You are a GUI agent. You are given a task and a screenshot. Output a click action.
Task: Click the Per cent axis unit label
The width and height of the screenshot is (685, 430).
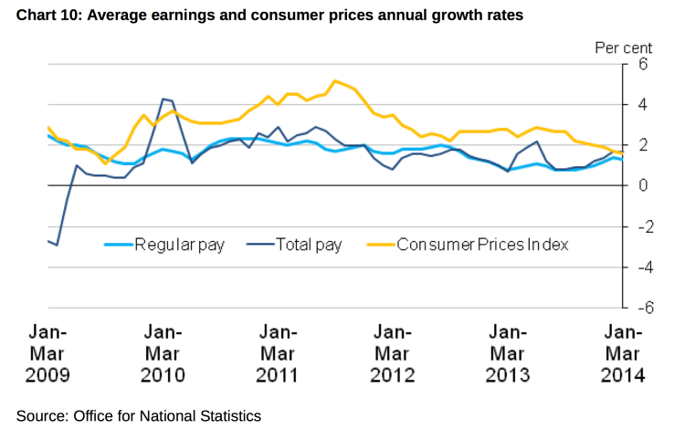[x=624, y=46]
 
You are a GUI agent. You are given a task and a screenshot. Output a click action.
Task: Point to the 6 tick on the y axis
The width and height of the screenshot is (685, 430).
[x=643, y=64]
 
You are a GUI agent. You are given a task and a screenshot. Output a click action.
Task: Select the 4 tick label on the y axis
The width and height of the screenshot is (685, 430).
[x=643, y=104]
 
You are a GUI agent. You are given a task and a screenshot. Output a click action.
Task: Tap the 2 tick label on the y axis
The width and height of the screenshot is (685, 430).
[x=643, y=145]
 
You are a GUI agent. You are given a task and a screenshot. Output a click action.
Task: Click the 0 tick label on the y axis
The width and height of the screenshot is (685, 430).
[x=643, y=185]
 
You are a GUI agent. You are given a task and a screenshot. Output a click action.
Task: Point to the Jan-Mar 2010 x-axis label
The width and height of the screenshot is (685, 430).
[x=163, y=352]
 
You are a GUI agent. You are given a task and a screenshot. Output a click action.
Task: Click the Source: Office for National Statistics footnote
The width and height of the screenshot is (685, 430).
[x=139, y=415]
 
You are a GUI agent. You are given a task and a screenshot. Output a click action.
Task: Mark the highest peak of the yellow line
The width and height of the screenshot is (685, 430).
[x=335, y=81]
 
